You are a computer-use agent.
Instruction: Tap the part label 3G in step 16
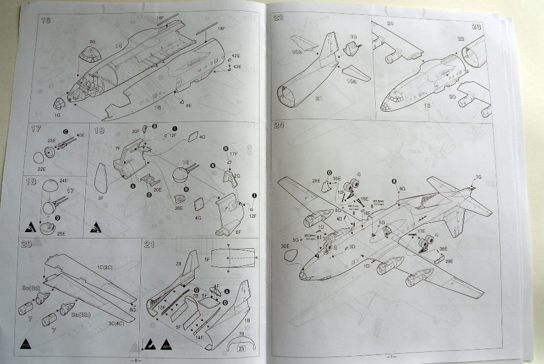pyautogui.click(x=93, y=42)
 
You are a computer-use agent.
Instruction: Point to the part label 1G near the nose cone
pyautogui.click(x=57, y=116)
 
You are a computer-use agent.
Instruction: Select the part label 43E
pyautogui.click(x=236, y=66)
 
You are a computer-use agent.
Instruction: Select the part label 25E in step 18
pyautogui.click(x=46, y=233)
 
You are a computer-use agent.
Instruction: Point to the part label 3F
pyautogui.click(x=100, y=198)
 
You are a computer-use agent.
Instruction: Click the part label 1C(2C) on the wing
pyautogui.click(x=104, y=268)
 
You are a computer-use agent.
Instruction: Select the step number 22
pyautogui.click(x=279, y=17)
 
